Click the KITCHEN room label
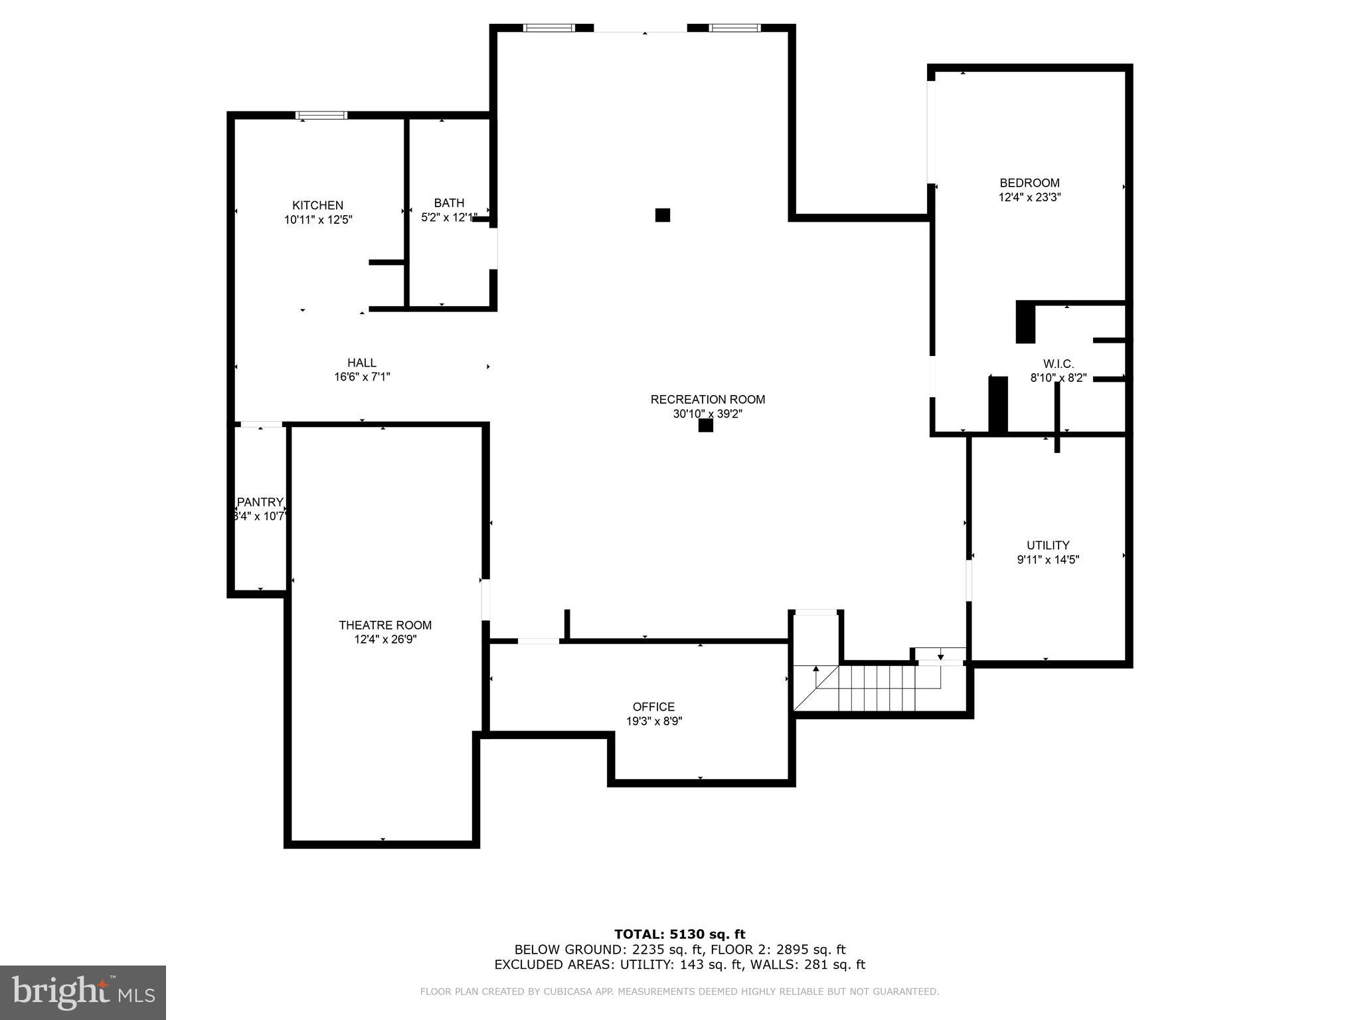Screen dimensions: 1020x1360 click(x=317, y=205)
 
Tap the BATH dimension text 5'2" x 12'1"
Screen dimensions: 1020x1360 click(x=449, y=217)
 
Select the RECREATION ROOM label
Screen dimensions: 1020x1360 click(x=707, y=399)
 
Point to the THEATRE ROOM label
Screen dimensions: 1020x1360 click(x=385, y=625)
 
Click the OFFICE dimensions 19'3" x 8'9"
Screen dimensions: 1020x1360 click(x=653, y=721)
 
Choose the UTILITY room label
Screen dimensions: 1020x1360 click(x=1048, y=545)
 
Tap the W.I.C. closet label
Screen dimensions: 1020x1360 click(x=1058, y=364)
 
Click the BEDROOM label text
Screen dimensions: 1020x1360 click(x=1029, y=183)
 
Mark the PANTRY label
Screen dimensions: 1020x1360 click(x=260, y=502)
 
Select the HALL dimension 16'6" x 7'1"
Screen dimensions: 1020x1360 click(x=362, y=377)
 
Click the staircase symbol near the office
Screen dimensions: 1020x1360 click(x=877, y=688)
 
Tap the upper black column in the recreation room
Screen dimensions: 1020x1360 click(x=662, y=215)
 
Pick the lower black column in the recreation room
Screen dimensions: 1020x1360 click(x=705, y=425)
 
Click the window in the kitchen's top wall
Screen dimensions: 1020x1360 click(x=321, y=116)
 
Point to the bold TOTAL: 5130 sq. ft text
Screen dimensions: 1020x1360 click(x=679, y=934)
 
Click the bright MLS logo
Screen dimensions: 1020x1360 click(x=83, y=992)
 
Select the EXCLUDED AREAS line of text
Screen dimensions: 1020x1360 click(x=679, y=965)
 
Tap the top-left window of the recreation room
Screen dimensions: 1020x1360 click(x=549, y=28)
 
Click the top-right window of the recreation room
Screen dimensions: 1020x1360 click(x=734, y=28)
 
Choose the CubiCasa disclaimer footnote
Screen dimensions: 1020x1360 click(x=679, y=991)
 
